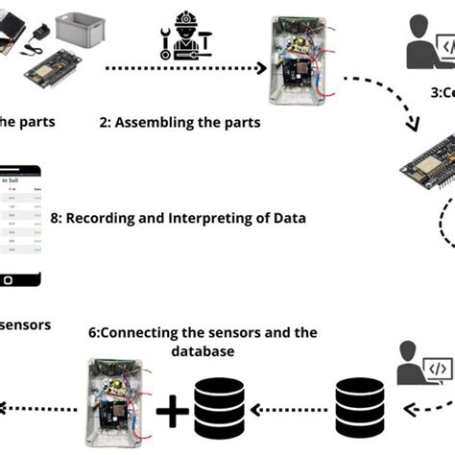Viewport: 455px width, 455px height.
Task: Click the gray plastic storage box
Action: point(85,28)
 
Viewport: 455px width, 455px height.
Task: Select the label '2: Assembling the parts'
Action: point(180,123)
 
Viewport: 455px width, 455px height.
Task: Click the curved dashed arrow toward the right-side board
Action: point(384,101)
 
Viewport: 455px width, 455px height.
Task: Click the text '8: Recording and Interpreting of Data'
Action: point(177,218)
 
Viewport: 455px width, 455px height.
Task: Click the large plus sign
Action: point(173,411)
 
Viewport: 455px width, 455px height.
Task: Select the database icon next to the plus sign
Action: point(219,407)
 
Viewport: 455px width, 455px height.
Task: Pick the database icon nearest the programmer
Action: point(361,407)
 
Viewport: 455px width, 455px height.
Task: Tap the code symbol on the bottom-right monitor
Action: point(437,368)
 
